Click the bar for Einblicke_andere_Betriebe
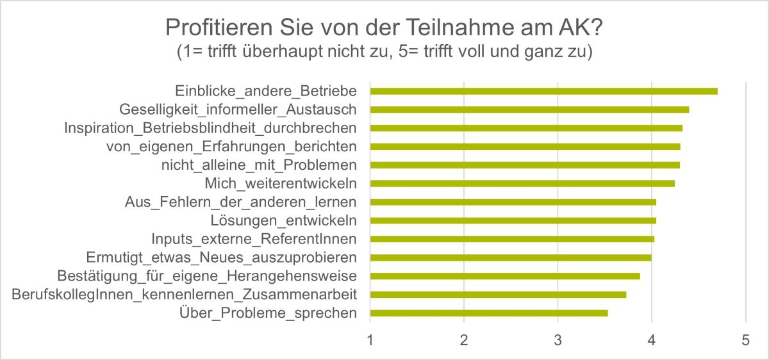click(543, 91)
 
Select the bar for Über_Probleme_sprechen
click(488, 313)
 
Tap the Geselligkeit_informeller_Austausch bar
click(529, 110)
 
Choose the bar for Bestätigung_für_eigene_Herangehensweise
click(505, 276)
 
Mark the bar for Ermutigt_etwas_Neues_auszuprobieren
click(511, 258)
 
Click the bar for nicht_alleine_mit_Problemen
click(525, 165)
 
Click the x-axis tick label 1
click(370, 341)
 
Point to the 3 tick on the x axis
click(558, 341)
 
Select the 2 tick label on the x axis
click(464, 341)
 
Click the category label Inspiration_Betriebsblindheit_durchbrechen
click(210, 128)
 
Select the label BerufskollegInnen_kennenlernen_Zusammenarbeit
click(185, 295)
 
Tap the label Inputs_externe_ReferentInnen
click(254, 239)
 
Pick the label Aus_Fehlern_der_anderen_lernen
click(240, 202)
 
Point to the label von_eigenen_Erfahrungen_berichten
click(231, 147)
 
